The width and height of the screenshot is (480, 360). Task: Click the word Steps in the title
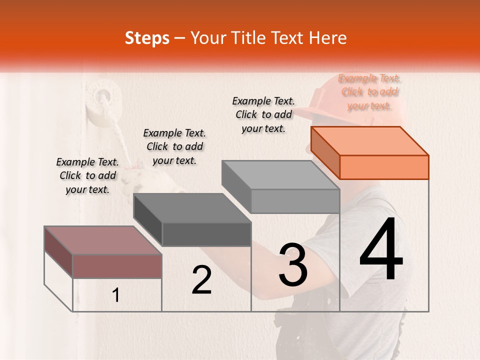[147, 38]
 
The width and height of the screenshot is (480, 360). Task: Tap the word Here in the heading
[327, 38]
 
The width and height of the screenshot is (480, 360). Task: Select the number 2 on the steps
[201, 280]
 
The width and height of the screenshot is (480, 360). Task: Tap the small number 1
[116, 295]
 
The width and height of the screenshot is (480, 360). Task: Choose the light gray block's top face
[280, 175]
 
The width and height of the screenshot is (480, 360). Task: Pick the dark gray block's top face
[192, 208]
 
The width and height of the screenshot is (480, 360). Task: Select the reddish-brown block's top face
[103, 240]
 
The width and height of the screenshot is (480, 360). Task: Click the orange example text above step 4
[369, 92]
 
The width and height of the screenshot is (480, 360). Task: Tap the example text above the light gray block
[263, 114]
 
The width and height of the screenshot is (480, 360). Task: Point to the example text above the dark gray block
[174, 146]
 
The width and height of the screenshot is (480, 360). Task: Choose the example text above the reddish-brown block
[87, 175]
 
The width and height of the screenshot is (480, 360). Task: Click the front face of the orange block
[384, 167]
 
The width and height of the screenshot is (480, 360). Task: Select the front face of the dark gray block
[206, 234]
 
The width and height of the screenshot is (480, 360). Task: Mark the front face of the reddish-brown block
[117, 266]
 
